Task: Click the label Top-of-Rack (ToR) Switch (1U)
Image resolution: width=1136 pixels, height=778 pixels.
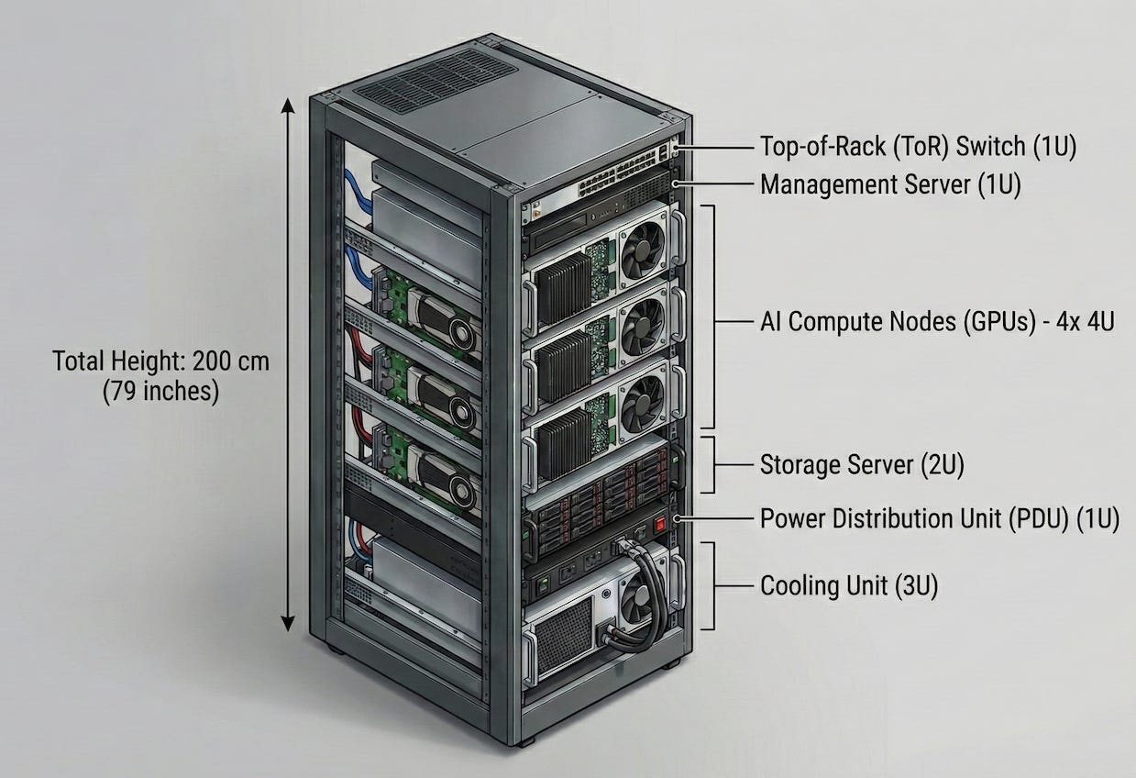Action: [x=918, y=147]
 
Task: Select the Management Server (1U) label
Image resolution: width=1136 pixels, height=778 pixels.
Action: [x=890, y=184]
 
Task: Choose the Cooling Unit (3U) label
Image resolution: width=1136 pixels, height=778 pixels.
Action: [x=849, y=586]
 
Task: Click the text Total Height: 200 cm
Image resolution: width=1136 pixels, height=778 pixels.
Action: [x=160, y=361]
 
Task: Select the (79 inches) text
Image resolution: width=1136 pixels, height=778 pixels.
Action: [x=160, y=392]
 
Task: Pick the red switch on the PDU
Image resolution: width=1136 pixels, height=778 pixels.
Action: [x=656, y=528]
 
